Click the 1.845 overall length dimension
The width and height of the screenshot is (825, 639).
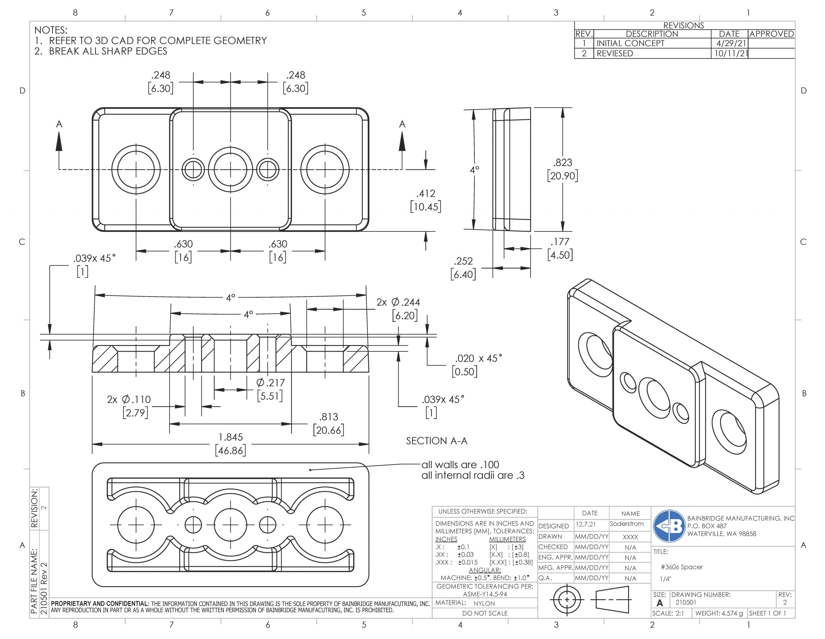point(230,437)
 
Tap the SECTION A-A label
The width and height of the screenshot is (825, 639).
point(437,441)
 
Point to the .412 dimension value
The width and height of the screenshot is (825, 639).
point(426,194)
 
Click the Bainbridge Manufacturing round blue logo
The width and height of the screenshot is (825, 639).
point(669,526)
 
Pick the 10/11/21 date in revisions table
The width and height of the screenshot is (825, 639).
point(729,53)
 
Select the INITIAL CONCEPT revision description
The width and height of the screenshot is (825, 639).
point(630,44)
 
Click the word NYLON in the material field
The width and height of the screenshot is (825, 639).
point(484,604)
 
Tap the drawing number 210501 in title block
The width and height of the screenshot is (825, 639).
point(685,602)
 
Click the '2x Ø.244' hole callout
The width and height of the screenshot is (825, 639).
point(398,302)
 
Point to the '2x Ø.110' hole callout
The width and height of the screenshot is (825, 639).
point(129,399)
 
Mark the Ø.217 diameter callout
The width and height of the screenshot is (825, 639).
point(270,383)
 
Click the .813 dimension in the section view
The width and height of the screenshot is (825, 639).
point(329,417)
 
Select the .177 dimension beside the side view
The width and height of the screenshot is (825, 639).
point(560,242)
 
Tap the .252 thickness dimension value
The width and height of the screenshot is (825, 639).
point(463,261)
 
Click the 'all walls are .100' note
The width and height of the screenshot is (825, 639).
point(460,465)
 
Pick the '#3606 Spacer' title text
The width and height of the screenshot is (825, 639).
point(682,567)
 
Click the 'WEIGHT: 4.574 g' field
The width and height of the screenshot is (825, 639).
point(719,613)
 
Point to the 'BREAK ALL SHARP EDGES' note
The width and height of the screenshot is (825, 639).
point(108,51)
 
